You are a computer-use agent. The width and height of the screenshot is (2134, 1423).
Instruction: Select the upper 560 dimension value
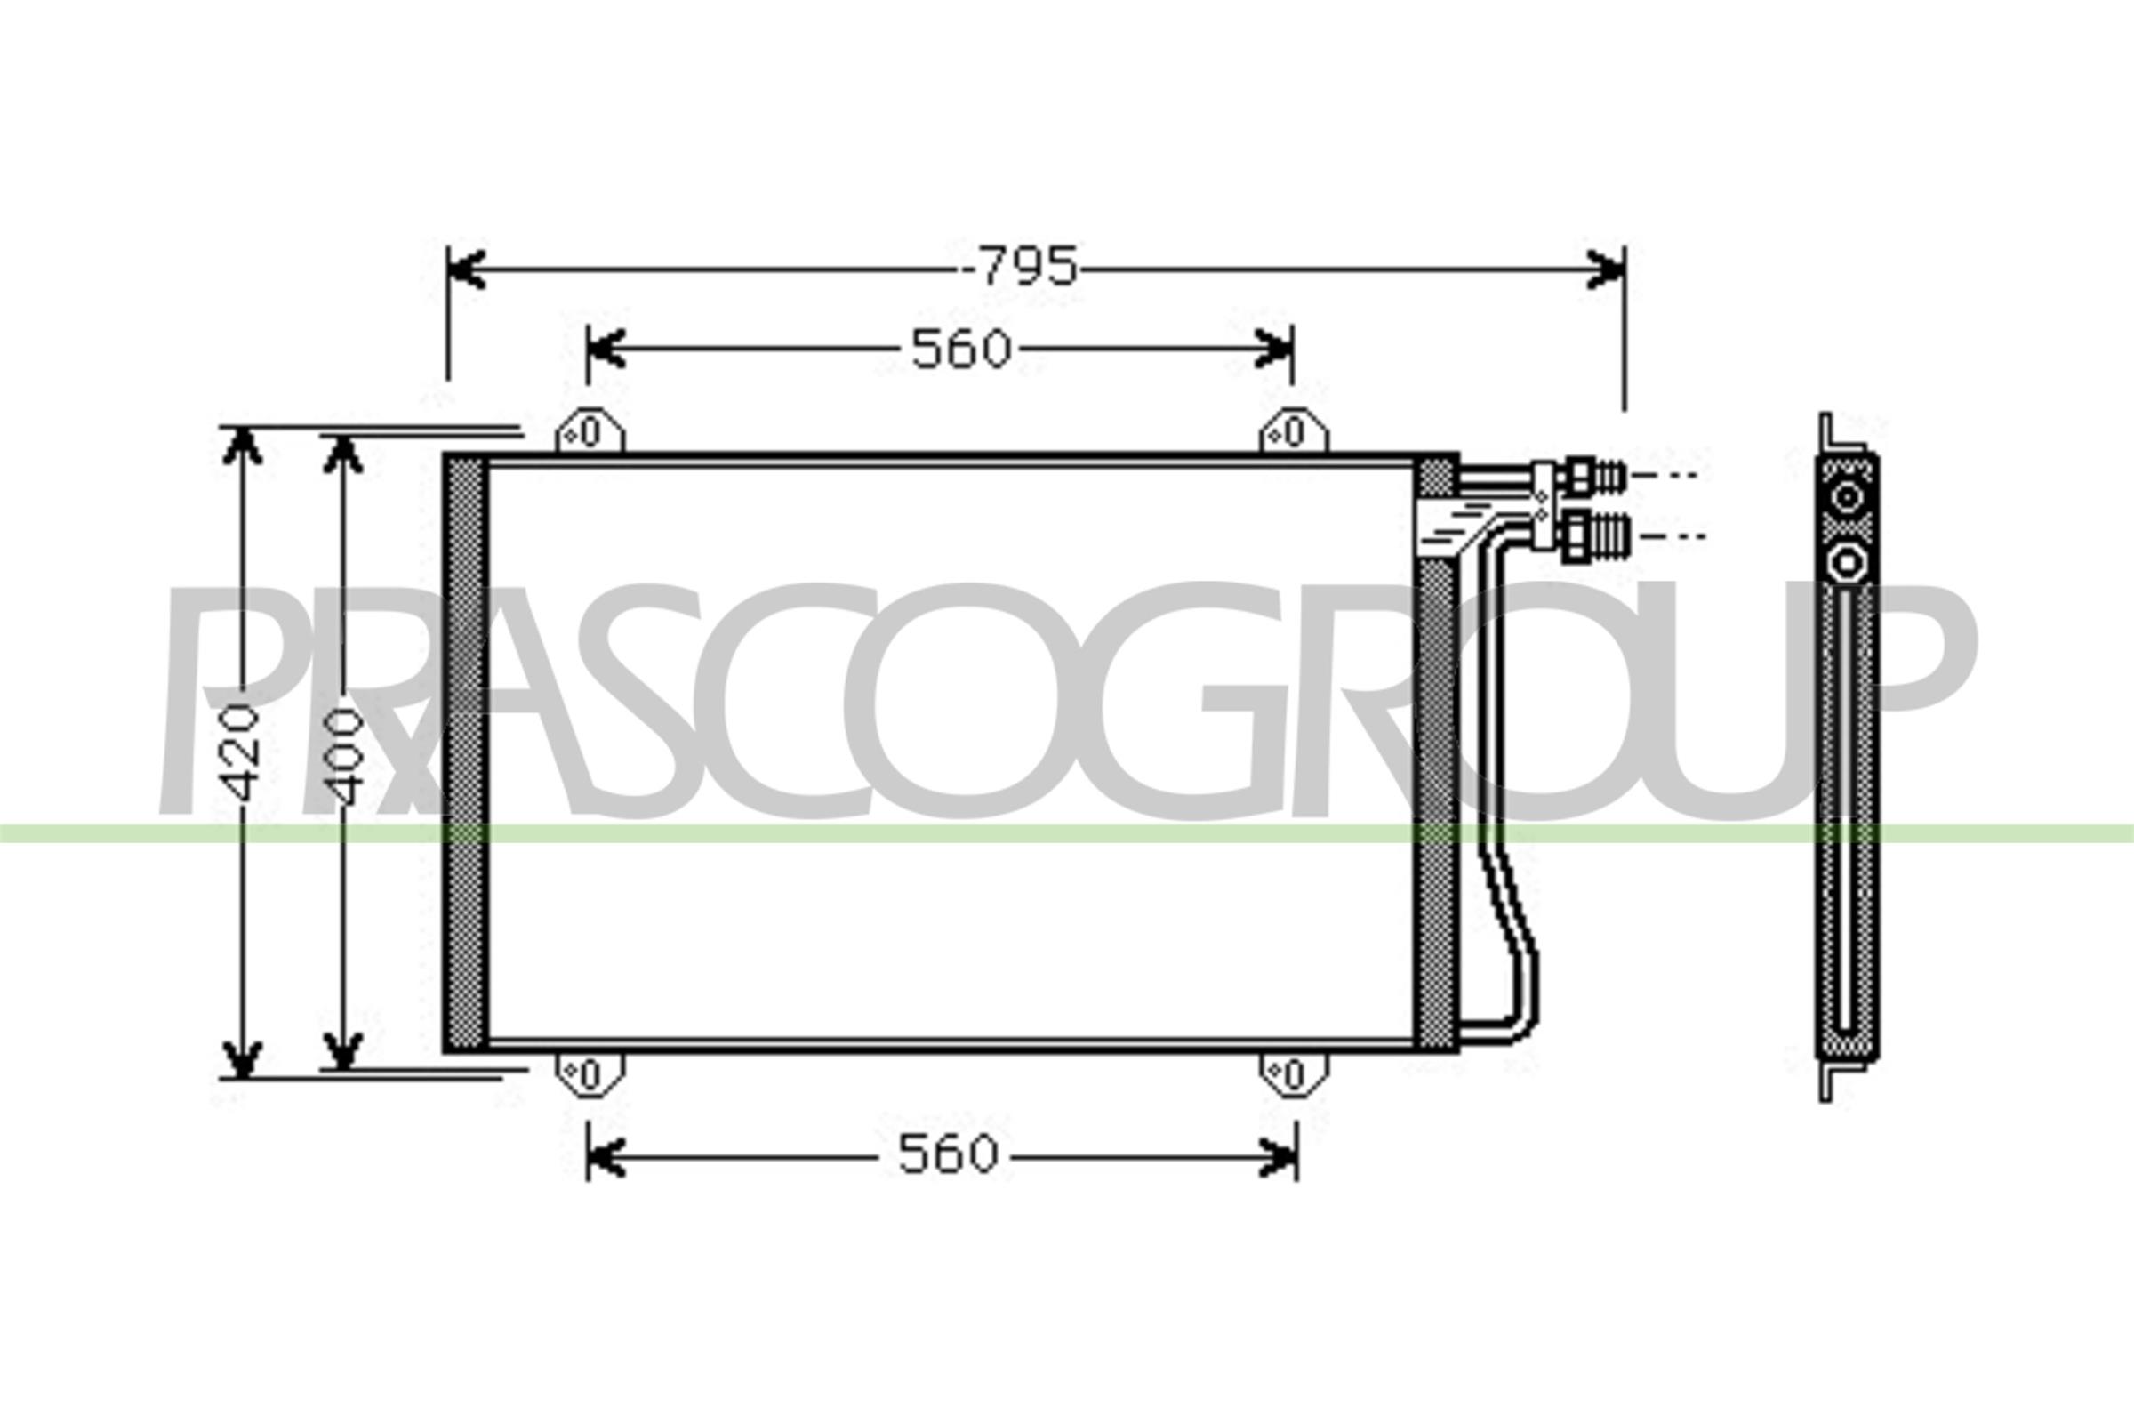961,350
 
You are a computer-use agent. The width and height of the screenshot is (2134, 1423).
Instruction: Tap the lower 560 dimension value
948,1155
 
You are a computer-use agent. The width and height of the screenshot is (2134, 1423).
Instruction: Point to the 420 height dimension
242,752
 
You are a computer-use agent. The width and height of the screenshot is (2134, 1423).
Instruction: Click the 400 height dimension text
344,758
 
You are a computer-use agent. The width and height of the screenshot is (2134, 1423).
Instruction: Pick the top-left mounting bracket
590,432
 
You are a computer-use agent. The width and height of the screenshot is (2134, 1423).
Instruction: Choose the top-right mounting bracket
1294,432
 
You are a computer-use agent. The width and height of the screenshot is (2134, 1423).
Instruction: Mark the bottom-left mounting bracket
590,1075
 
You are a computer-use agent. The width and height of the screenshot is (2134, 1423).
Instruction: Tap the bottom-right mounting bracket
1294,1075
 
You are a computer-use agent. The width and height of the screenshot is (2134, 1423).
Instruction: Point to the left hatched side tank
464,753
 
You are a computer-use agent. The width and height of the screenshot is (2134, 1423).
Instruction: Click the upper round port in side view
1848,498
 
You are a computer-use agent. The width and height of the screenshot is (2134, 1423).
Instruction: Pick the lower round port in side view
1848,565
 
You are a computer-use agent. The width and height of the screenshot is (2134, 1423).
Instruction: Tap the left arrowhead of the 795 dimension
464,269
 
